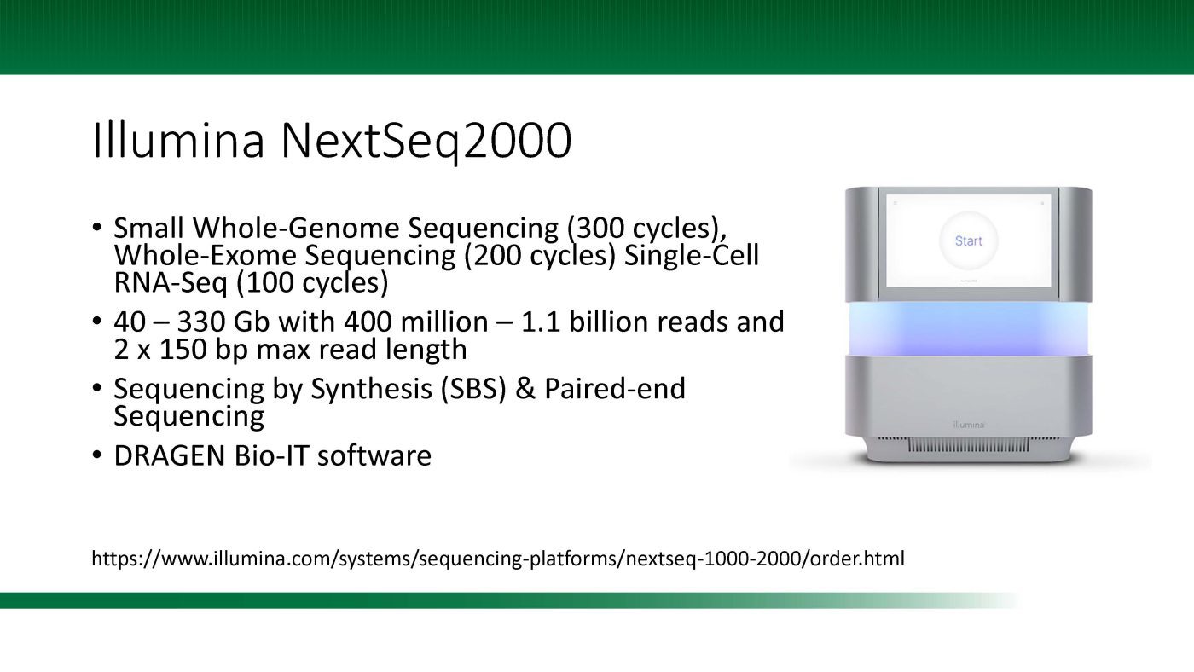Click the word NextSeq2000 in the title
(x=426, y=142)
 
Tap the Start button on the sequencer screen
(x=968, y=240)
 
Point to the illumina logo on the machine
(x=968, y=425)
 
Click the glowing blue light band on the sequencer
(x=969, y=329)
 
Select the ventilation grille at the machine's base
(x=969, y=444)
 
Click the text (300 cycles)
(x=646, y=228)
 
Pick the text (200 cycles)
(x=539, y=255)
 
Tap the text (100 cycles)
(x=312, y=283)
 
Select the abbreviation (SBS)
(x=472, y=389)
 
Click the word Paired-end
(x=615, y=389)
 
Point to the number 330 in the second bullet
(x=200, y=322)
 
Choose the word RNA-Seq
(x=171, y=283)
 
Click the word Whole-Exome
(x=206, y=255)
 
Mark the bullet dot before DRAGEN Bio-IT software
(x=96, y=455)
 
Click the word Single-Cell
(x=692, y=255)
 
